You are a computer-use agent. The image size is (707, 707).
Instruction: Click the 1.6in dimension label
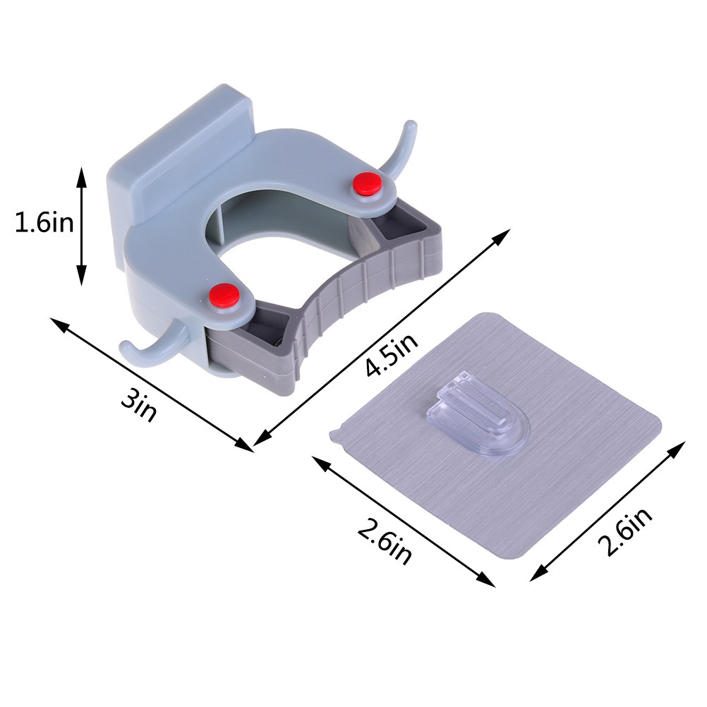pos(44,222)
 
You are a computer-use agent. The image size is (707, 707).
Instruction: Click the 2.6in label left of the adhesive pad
pos(385,541)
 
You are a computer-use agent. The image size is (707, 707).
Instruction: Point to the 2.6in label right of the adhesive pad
pos(625,531)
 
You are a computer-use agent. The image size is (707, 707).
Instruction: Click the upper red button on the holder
pos(368,183)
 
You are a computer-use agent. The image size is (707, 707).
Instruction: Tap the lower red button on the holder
pos(224,296)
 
